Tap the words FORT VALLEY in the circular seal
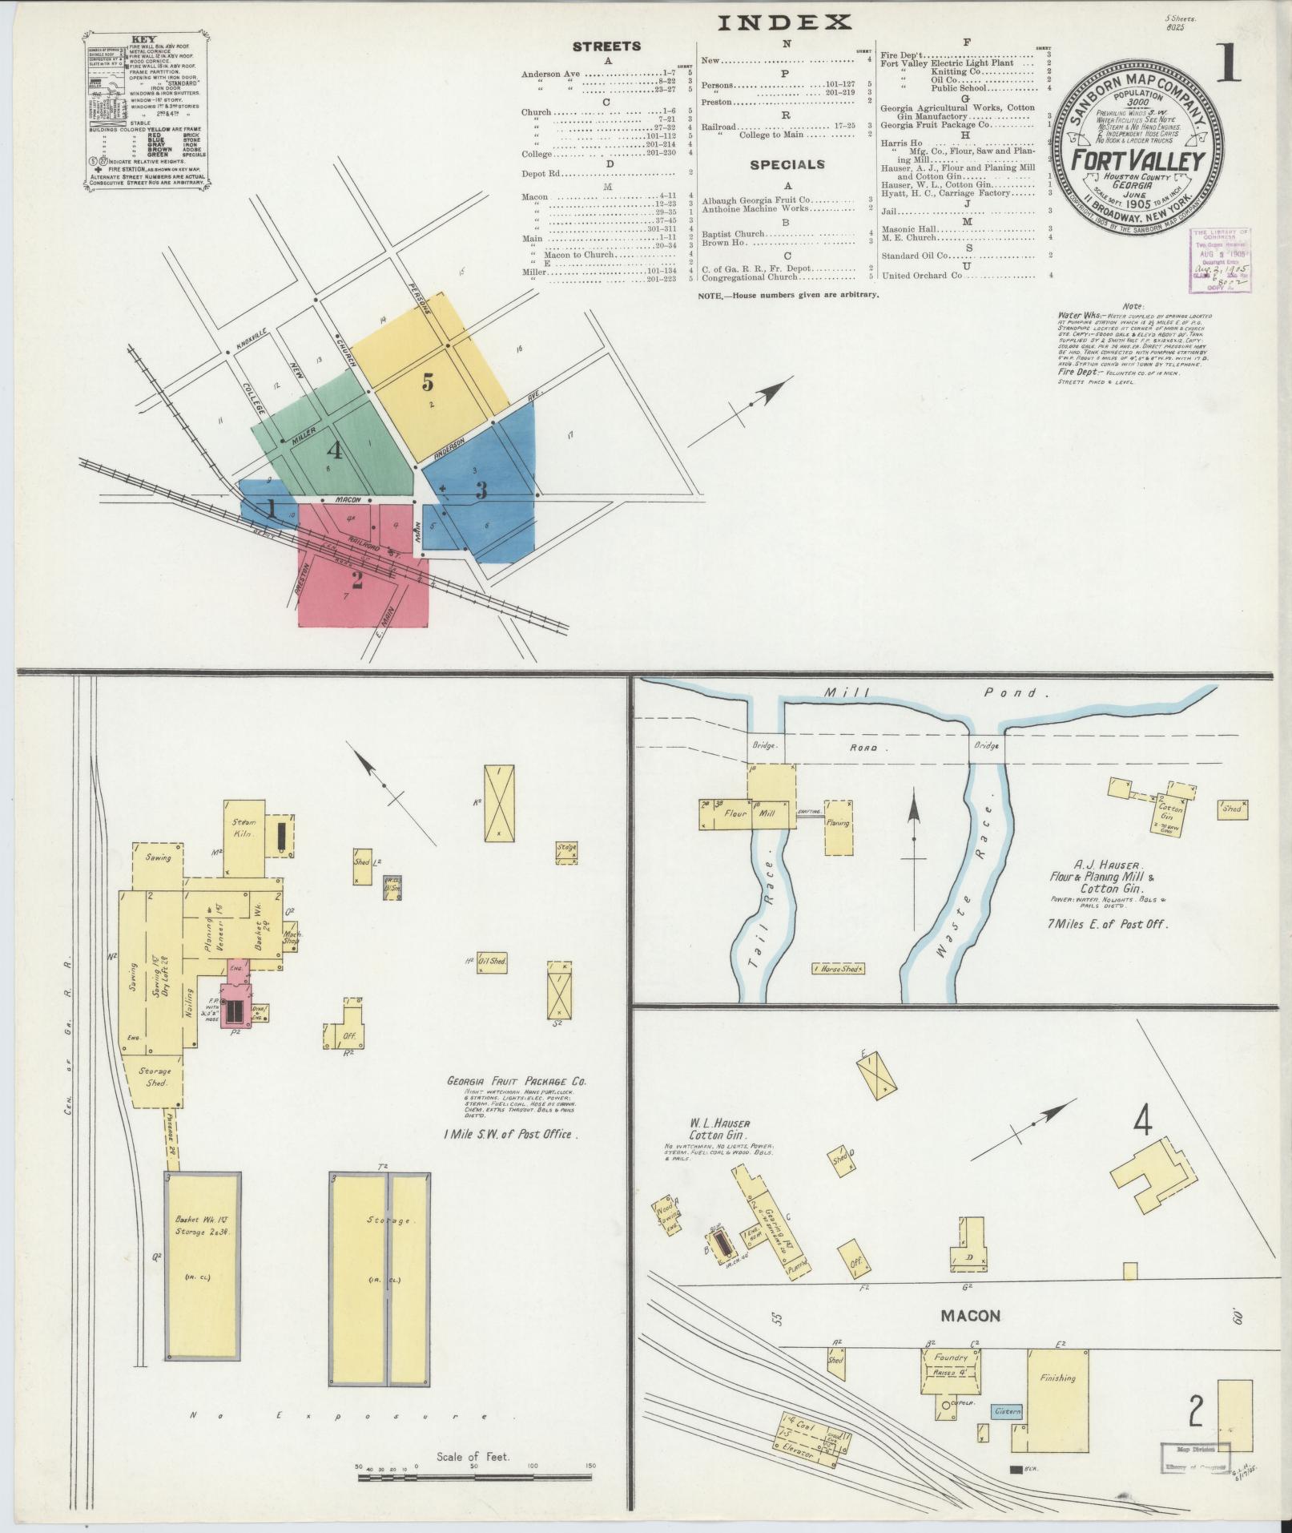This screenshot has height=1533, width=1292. [1138, 161]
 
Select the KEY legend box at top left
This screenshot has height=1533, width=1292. [145, 111]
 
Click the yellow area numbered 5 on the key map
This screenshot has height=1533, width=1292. [429, 381]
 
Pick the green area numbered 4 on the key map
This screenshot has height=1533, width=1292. [334, 450]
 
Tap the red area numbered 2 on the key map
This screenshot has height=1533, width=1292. [356, 579]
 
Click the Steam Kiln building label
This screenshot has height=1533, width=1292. [243, 828]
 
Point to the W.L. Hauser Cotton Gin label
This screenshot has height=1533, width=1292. [718, 1129]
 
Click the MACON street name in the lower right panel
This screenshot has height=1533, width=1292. [970, 1316]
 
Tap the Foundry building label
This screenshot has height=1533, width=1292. [952, 1358]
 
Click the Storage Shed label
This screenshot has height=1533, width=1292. [155, 1077]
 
